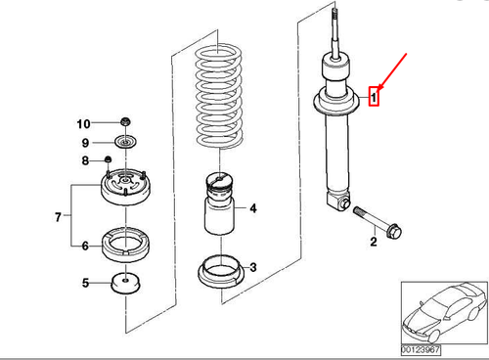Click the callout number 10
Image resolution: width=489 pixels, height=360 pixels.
coord(83,124)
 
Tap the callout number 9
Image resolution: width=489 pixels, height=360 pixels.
coord(85,143)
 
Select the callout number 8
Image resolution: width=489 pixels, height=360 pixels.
coord(85,160)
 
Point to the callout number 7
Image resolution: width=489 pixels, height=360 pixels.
coord(58,217)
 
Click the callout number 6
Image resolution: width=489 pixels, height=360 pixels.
coord(85,246)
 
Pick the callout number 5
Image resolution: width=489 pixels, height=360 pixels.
coord(85,283)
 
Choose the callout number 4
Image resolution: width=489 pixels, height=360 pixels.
coord(253,208)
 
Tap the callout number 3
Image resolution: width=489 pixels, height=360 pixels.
coord(253,267)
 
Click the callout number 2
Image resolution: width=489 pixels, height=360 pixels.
coord(374,242)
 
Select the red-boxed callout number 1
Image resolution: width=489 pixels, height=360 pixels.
coord(374,97)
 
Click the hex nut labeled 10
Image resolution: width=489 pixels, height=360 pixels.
coord(125,121)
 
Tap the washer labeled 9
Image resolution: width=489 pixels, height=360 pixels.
coord(125,142)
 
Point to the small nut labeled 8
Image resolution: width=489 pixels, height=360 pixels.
coord(108,159)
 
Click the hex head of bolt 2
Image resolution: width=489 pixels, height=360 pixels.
coord(393,231)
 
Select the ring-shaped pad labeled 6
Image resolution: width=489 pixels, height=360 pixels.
coord(126,245)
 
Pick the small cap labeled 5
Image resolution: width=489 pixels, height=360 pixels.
coord(125,283)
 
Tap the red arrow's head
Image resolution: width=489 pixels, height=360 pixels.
coord(380,87)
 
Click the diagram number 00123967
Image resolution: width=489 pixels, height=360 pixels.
coord(421,350)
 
